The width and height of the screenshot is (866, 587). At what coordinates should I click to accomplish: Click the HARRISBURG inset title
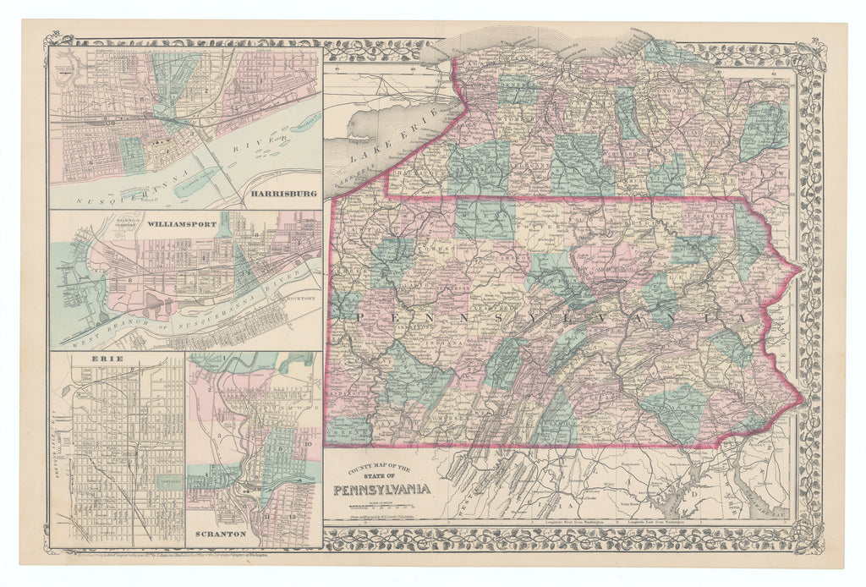coord(278,194)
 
